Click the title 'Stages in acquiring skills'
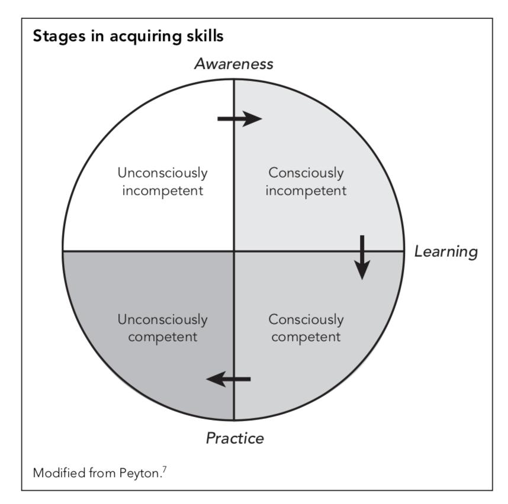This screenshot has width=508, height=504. click(x=128, y=37)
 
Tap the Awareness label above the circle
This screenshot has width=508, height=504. click(x=234, y=64)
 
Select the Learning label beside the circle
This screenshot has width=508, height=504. click(x=445, y=251)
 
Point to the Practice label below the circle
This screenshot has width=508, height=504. click(x=234, y=438)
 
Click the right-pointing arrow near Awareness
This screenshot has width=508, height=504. click(x=239, y=119)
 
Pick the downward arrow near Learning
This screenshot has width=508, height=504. click(x=362, y=257)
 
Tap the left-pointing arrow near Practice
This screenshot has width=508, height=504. click(x=229, y=379)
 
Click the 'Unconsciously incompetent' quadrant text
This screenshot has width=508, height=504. click(x=162, y=182)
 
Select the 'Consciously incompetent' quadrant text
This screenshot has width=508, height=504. click(x=306, y=182)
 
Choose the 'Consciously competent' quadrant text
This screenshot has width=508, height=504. click(x=306, y=328)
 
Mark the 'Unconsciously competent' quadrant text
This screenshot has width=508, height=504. click(x=162, y=328)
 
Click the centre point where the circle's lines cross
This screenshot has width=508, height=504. click(x=234, y=251)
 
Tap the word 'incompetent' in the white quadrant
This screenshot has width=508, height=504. click(x=162, y=192)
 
